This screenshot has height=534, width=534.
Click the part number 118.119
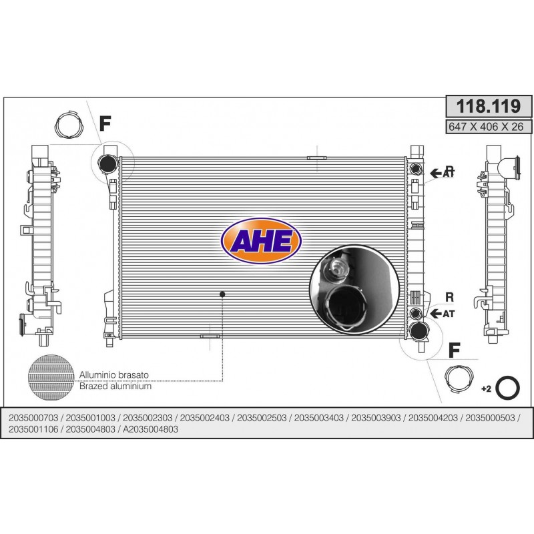[489, 106]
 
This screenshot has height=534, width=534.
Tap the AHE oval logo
[262, 241]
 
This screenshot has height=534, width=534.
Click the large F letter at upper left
[105, 123]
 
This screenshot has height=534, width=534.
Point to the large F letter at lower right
[455, 350]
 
